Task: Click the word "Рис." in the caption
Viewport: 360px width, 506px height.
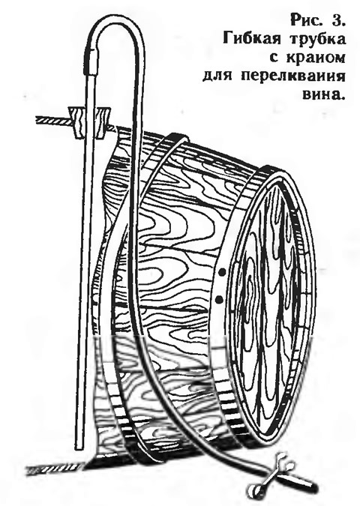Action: pyautogui.click(x=305, y=21)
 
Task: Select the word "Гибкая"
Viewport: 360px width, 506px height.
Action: pyautogui.click(x=248, y=39)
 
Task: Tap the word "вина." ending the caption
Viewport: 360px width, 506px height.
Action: pyautogui.click(x=322, y=95)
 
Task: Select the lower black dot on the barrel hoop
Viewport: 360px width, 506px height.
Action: pyautogui.click(x=219, y=299)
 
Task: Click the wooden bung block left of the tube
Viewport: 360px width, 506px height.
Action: pyautogui.click(x=77, y=123)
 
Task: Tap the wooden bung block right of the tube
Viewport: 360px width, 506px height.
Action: pyautogui.click(x=103, y=123)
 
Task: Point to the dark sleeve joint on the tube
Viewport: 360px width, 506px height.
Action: pyautogui.click(x=91, y=61)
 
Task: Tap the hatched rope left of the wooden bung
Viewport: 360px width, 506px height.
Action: pyautogui.click(x=53, y=121)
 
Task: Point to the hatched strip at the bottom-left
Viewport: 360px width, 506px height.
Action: pyautogui.click(x=55, y=468)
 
